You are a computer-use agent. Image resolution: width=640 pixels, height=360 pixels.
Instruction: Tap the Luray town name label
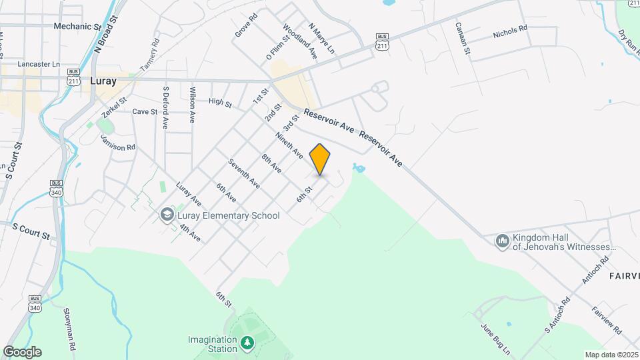[x=103, y=81]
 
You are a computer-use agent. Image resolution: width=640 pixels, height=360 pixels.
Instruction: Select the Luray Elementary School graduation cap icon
[x=166, y=215]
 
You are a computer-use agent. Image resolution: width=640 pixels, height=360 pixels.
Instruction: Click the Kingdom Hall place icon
[x=503, y=241]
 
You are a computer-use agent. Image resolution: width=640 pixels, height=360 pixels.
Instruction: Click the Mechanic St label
[x=77, y=27]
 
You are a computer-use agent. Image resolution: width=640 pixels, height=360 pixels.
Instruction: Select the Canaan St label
[x=463, y=38]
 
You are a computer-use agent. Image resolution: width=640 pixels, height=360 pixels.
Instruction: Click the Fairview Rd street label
[x=607, y=321]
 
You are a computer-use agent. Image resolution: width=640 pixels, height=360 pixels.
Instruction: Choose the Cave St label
[x=145, y=112]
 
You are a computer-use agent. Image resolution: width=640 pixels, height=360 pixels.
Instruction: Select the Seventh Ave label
[x=243, y=173]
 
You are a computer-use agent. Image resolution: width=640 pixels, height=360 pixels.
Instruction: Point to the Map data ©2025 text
[x=611, y=355]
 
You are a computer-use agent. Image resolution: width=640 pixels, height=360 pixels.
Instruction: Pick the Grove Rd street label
[x=246, y=25]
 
